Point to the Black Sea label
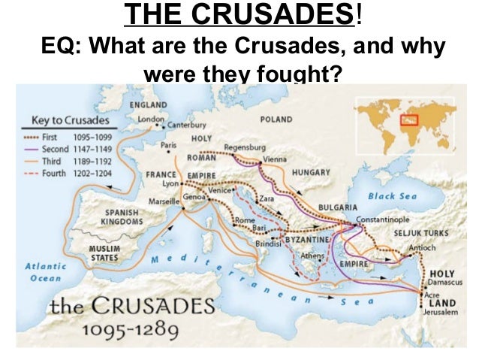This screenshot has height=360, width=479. pyautogui.click(x=392, y=196)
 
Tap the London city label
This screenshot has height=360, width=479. pyautogui.click(x=150, y=118)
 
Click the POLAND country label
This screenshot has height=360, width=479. pyautogui.click(x=276, y=119)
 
